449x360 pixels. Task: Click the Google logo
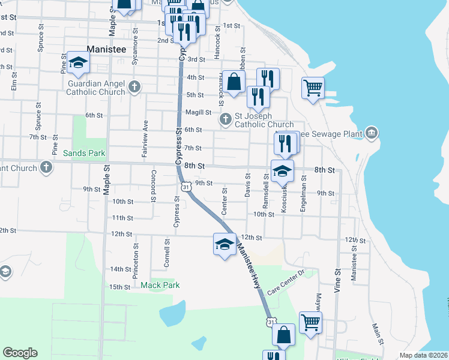pos(20,353)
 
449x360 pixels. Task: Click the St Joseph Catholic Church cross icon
pos(226,120)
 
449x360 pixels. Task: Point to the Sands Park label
pos(84,153)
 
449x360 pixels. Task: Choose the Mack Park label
pos(160,284)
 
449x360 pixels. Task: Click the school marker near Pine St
pos(78,62)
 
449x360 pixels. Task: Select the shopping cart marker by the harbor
pos(313,88)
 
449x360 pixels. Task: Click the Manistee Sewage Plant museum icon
pos(372,132)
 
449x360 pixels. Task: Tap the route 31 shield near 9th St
pos(187,187)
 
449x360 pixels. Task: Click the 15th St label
pos(120,287)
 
